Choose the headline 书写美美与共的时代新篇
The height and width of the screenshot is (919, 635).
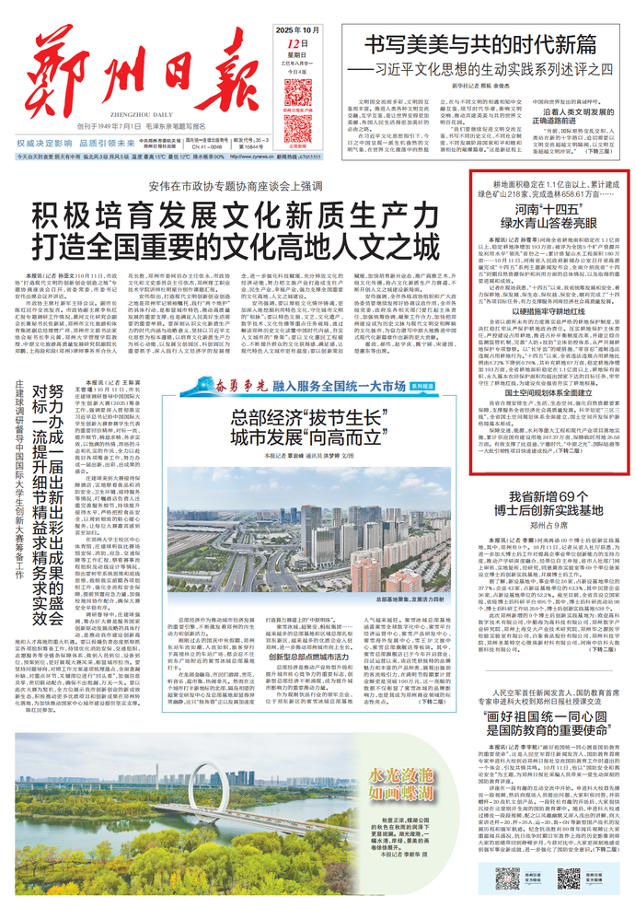(479, 42)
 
